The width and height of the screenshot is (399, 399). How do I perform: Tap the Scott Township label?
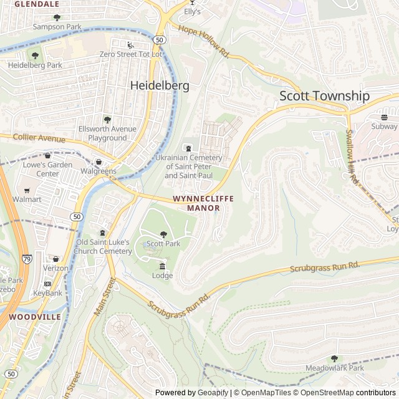(324, 96)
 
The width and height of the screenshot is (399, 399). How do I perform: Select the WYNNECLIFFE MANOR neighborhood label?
(203, 203)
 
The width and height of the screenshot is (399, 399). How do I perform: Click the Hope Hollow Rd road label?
(203, 42)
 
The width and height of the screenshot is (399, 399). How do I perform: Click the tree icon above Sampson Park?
(57, 17)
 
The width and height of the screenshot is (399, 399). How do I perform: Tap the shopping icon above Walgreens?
(99, 162)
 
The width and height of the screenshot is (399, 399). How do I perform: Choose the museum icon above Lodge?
(162, 266)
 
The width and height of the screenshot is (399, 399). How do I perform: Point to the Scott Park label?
(163, 244)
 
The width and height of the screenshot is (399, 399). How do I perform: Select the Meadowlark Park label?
(334, 368)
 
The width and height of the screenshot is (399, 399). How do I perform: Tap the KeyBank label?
(47, 293)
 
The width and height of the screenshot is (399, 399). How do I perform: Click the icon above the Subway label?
(385, 117)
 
